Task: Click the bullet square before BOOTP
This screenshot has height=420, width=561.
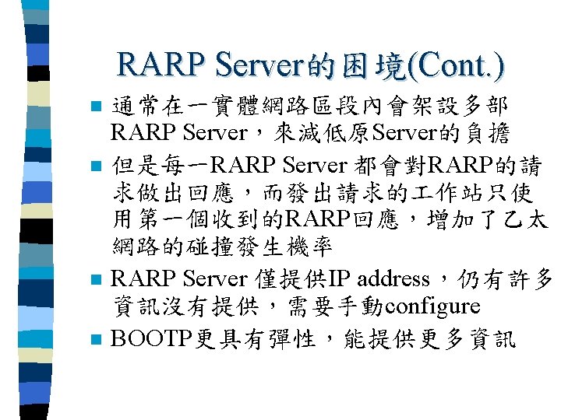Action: click(x=96, y=340)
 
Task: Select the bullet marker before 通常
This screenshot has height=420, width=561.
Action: click(x=96, y=106)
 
